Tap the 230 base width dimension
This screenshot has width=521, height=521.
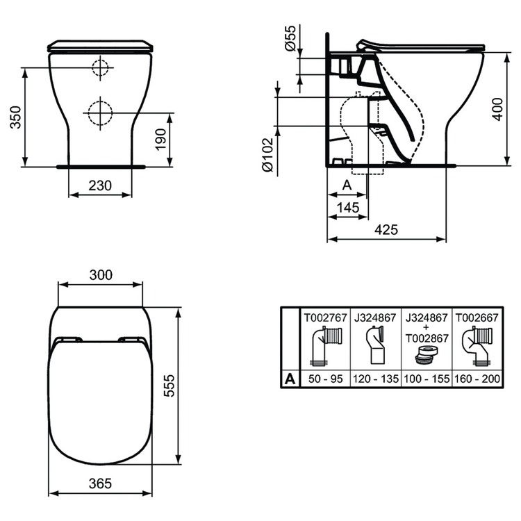pyautogui.click(x=100, y=186)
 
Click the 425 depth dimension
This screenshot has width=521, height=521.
pyautogui.click(x=386, y=230)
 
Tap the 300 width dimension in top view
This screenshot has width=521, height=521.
pyautogui.click(x=100, y=275)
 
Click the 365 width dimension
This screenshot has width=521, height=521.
pyautogui.click(x=100, y=483)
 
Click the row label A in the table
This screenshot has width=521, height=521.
pyautogui.click(x=289, y=379)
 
